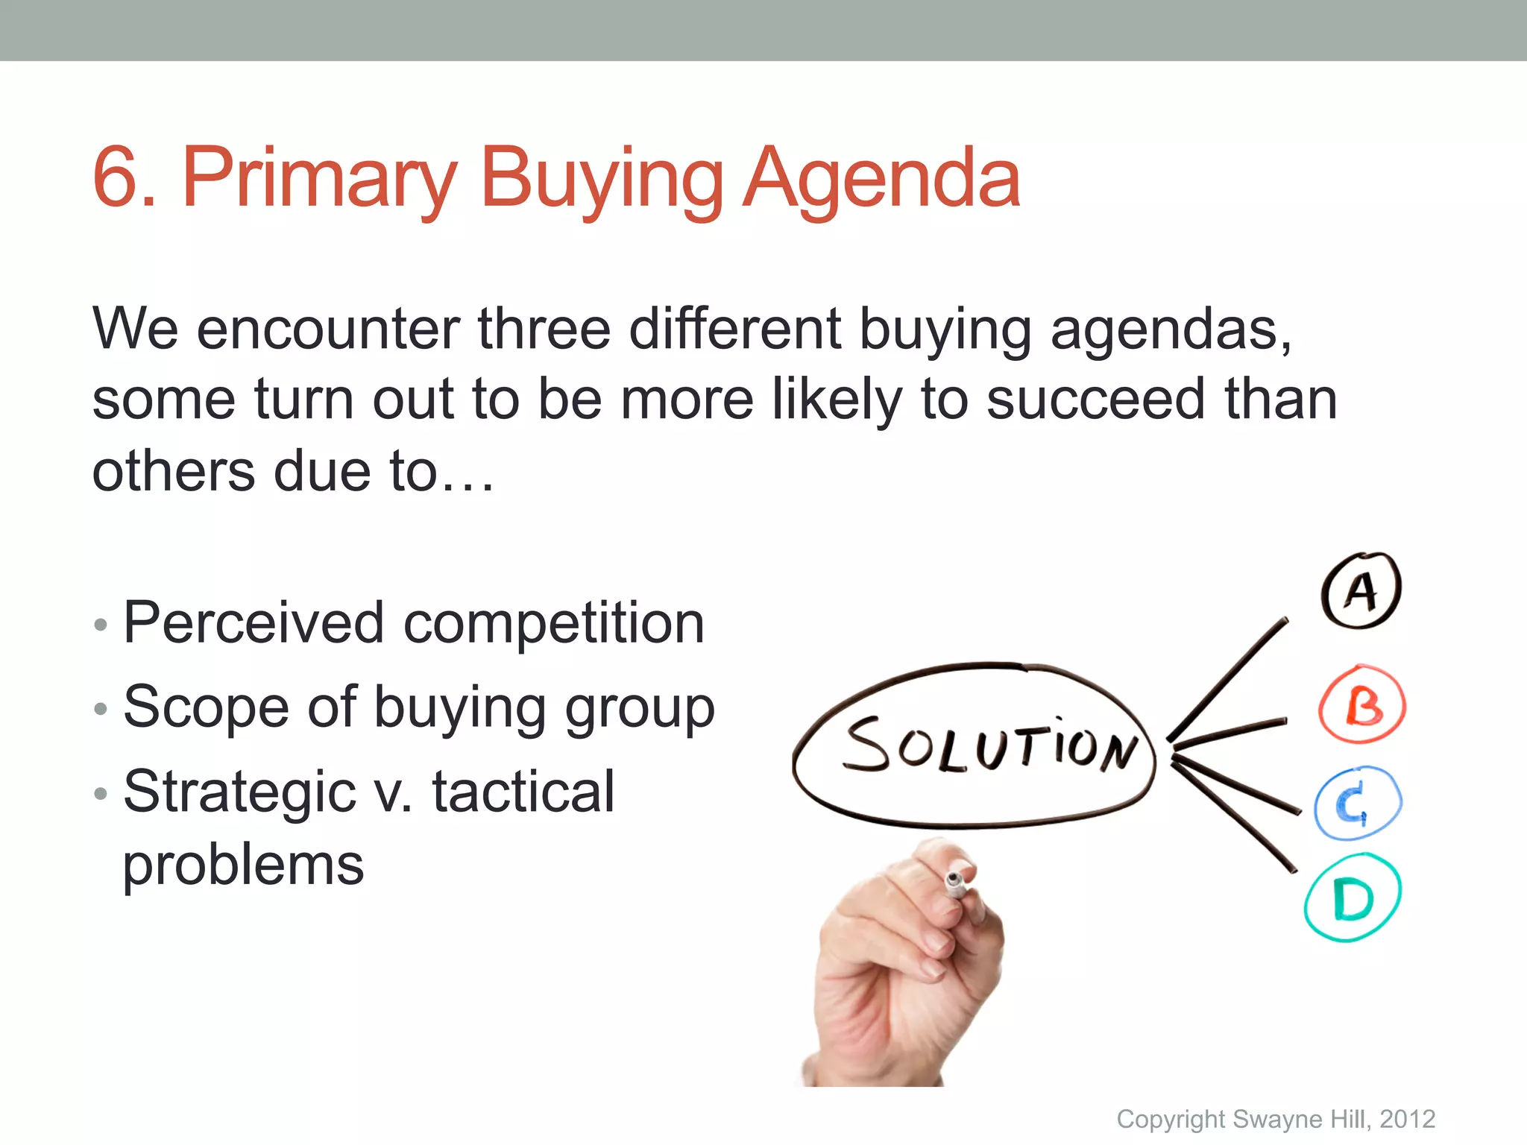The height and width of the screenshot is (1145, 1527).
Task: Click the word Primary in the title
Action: coord(318,179)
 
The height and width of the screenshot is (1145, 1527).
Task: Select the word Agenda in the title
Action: coord(882,179)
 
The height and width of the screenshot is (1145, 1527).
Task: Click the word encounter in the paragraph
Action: coord(328,329)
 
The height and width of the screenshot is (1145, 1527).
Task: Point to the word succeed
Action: coord(1095,400)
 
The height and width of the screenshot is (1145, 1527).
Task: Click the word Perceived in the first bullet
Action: coord(254,622)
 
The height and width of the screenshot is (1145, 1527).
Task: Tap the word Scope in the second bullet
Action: coord(206,707)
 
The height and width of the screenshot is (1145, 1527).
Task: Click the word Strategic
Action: coord(239,792)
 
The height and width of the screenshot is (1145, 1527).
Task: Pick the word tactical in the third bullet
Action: coord(523,792)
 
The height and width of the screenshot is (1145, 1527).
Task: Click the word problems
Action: coord(243,865)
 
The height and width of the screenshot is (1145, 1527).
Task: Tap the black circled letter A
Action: coord(1361,591)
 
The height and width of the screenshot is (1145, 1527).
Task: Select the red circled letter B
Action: coord(1363,704)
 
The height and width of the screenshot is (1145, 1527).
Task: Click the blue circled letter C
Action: coord(1357,804)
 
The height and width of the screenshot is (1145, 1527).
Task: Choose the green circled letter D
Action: coord(1353,898)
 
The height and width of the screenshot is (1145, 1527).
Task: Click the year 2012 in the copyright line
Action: coord(1407,1119)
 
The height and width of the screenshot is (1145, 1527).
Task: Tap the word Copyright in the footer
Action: coord(1171,1119)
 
